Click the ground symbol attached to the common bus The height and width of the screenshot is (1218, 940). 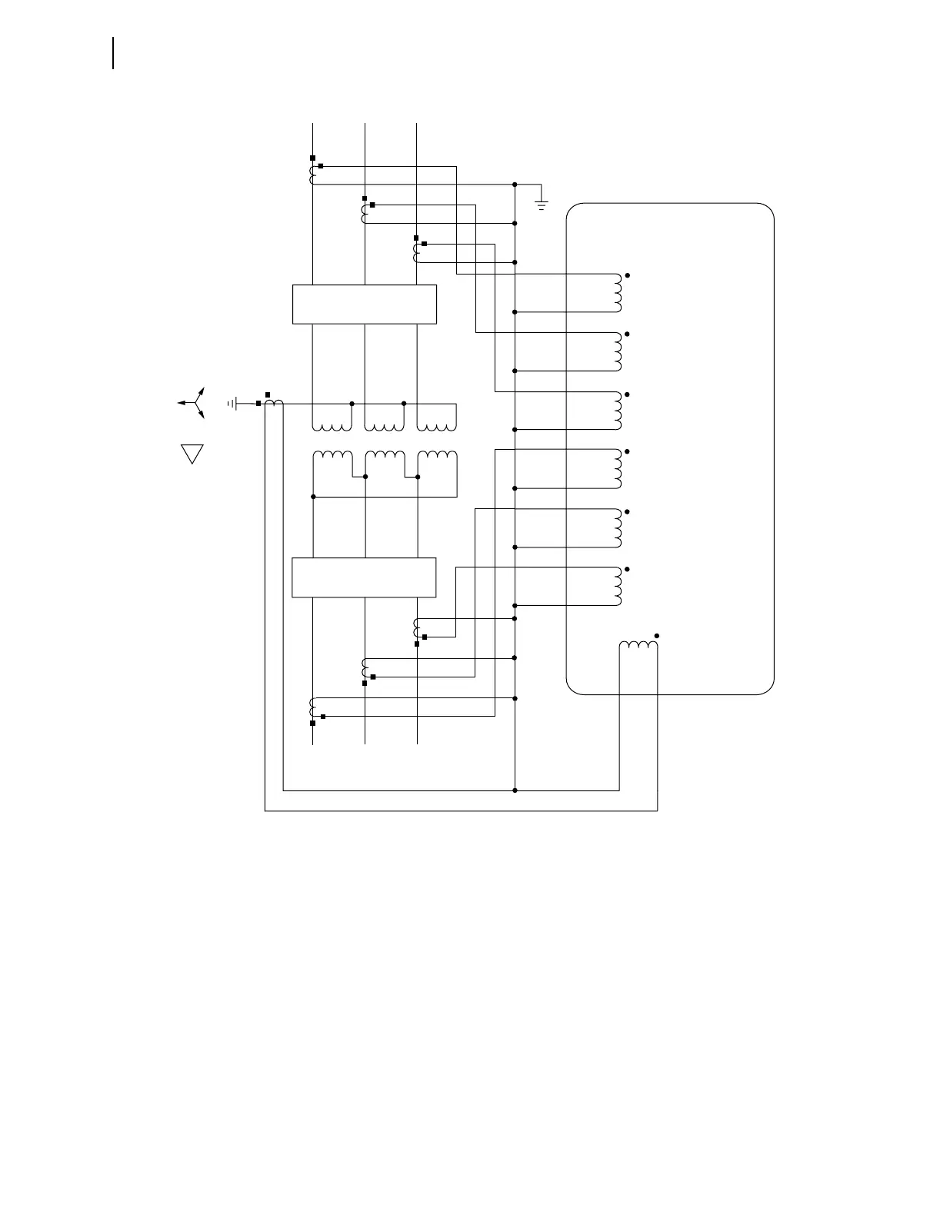pyautogui.click(x=542, y=205)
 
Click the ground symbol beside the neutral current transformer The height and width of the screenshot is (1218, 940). pyautogui.click(x=233, y=403)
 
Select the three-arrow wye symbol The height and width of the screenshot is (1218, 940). pyautogui.click(x=194, y=403)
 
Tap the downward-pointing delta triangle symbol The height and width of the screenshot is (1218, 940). pyautogui.click(x=192, y=453)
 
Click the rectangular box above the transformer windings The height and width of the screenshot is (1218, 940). pyautogui.click(x=365, y=304)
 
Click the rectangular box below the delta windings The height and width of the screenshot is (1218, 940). pyautogui.click(x=365, y=577)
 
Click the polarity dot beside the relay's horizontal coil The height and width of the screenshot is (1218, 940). pyautogui.click(x=657, y=636)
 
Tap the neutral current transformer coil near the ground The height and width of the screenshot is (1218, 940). pyautogui.click(x=274, y=403)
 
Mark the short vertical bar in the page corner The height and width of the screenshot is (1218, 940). pyautogui.click(x=114, y=52)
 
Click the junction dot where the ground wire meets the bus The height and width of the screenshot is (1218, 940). pyautogui.click(x=515, y=185)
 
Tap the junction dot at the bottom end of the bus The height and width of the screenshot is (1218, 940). pyautogui.click(x=515, y=790)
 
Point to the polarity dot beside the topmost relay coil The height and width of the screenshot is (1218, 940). pyautogui.click(x=628, y=275)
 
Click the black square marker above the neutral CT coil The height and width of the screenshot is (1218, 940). pyautogui.click(x=267, y=394)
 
